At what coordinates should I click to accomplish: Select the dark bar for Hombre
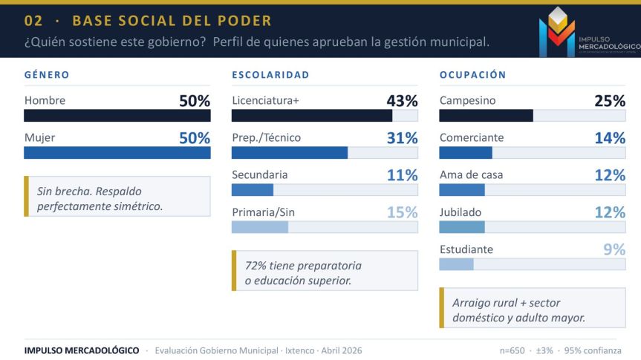[117, 116]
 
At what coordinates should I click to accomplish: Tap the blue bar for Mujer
[117, 153]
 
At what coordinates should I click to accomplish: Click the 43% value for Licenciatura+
[402, 101]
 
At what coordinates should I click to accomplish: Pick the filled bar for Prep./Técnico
[290, 153]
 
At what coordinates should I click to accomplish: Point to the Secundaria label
[259, 175]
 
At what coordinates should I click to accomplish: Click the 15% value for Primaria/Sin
[402, 212]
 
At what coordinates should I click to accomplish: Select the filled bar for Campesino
[486, 116]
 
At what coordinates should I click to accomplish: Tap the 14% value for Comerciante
[610, 138]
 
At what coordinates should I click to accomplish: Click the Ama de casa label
[471, 175]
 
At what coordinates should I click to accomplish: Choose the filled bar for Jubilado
[462, 227]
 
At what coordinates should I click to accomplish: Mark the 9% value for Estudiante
[614, 249]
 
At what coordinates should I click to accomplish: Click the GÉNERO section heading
[47, 75]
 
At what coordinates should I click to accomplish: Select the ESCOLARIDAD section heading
[270, 75]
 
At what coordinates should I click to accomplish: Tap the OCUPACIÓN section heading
[472, 75]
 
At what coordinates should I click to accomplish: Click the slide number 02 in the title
[33, 21]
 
